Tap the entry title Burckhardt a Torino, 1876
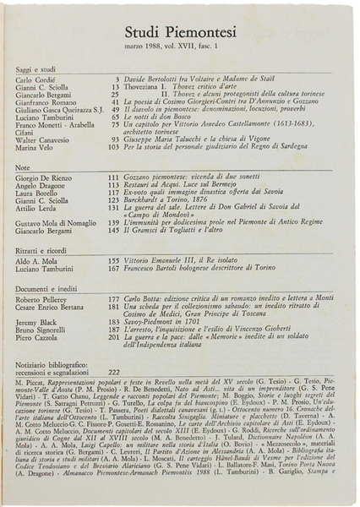pos(169,199)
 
